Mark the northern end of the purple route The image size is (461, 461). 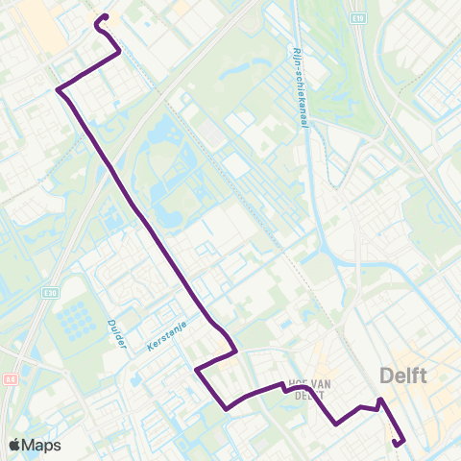point(104,16)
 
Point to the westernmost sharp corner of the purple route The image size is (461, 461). point(59,91)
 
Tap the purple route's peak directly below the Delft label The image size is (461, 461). point(381,399)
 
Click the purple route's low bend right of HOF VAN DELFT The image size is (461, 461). point(336,423)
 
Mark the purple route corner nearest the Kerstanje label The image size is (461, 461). point(196,369)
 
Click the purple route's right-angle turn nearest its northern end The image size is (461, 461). point(119,53)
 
